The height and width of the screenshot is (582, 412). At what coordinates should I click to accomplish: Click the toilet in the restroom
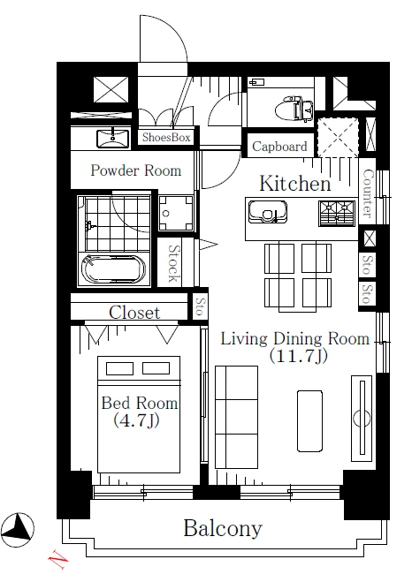click(294, 109)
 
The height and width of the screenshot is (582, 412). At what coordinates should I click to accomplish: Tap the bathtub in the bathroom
click(114, 269)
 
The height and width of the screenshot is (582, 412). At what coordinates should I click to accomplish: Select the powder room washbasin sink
click(113, 139)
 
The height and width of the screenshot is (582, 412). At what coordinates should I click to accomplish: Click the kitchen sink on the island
click(268, 212)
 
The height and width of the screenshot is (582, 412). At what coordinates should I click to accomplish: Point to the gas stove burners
click(337, 214)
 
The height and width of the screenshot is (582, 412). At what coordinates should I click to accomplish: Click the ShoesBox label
click(166, 138)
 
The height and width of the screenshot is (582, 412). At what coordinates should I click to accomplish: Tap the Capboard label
click(279, 147)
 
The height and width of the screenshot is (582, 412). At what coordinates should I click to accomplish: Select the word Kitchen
click(295, 184)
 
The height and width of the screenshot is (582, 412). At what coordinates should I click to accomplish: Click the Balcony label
click(223, 528)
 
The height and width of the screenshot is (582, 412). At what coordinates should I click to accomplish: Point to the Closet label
click(134, 313)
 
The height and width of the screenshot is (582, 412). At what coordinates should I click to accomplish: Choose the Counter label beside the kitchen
click(367, 193)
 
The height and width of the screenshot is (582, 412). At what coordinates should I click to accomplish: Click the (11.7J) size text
click(298, 356)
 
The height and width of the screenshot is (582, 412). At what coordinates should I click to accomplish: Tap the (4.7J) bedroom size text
click(136, 420)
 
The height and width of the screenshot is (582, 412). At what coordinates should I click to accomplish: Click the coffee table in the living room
click(309, 421)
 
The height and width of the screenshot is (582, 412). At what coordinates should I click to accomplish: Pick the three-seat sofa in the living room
click(236, 417)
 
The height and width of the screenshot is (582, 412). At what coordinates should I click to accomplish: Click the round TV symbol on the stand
click(362, 419)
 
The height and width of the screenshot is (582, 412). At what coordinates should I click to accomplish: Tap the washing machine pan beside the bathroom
click(176, 214)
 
